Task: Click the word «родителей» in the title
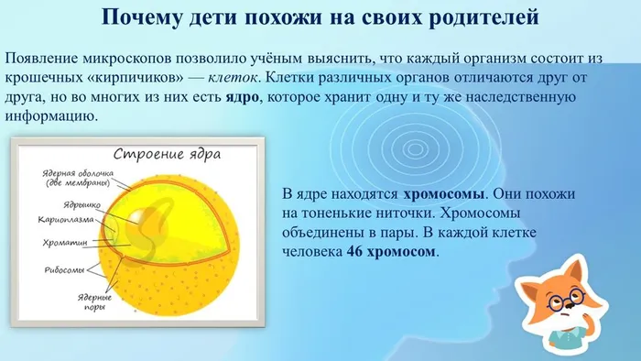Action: click(478, 17)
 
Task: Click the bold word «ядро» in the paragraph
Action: click(241, 100)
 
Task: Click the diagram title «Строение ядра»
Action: click(165, 153)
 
